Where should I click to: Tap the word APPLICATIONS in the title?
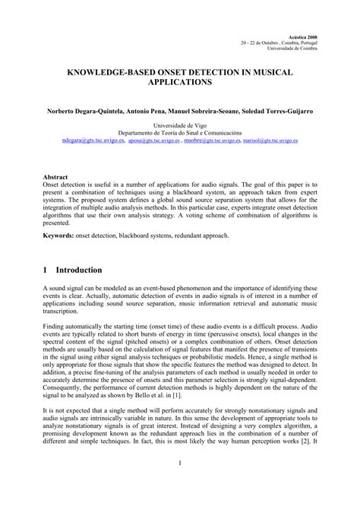pyautogui.click(x=179, y=80)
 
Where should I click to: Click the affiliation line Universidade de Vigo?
pyautogui.click(x=179, y=125)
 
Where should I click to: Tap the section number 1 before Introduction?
pyautogui.click(x=47, y=270)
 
